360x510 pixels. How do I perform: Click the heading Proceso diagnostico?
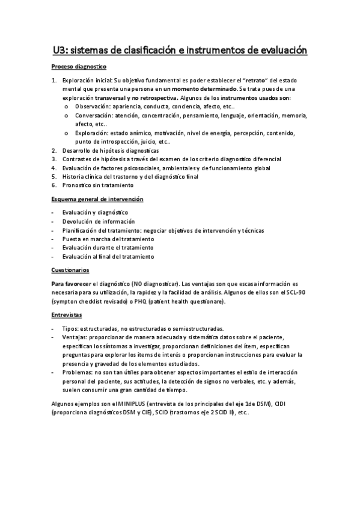(x=79, y=67)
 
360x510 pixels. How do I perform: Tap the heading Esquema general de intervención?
(x=97, y=199)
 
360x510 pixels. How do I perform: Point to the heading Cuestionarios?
(x=70, y=270)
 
